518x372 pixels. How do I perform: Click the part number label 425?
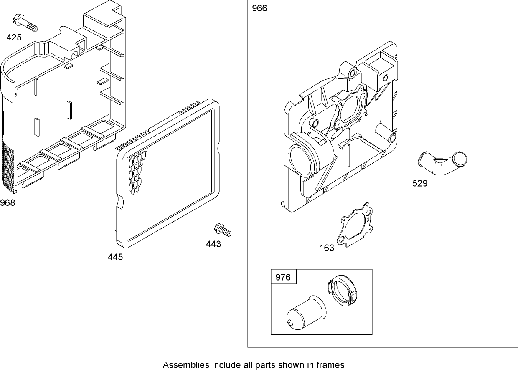(14, 38)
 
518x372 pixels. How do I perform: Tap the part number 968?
(8, 203)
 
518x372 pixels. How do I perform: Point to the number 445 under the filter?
(115, 257)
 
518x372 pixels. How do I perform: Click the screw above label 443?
(222, 229)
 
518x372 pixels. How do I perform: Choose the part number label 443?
(213, 244)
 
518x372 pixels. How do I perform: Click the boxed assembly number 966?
(260, 8)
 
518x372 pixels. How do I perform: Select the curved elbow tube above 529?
(443, 163)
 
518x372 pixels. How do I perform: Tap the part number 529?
(420, 183)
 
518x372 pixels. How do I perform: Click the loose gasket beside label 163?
(355, 225)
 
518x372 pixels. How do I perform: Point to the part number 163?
(327, 248)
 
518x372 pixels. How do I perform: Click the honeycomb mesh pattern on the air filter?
(137, 171)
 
